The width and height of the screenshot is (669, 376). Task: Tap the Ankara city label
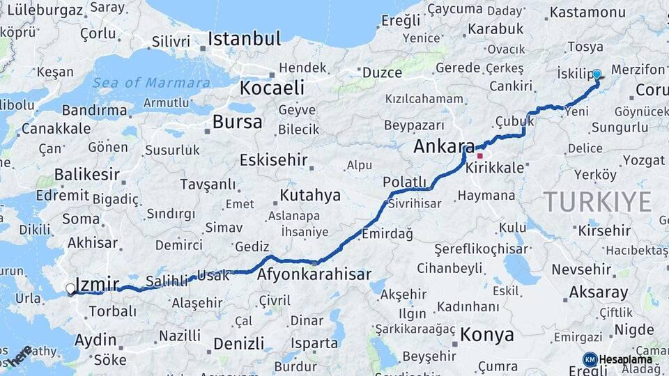pyautogui.click(x=443, y=146)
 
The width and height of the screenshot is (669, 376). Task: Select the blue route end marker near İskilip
pyautogui.click(x=597, y=74)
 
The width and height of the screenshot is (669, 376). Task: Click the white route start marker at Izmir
pyautogui.click(x=70, y=288)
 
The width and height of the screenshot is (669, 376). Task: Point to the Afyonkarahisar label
pyautogui.click(x=314, y=274)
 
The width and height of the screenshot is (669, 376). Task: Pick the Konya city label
pyautogui.click(x=487, y=334)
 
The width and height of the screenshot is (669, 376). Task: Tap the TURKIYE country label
pyautogui.click(x=597, y=201)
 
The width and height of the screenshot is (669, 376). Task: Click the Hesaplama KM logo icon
pyautogui.click(x=590, y=359)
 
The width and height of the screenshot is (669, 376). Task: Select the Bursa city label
pyautogui.click(x=238, y=123)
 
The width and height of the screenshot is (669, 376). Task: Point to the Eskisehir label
pyautogui.click(x=273, y=160)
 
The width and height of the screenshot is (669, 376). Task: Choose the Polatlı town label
pyautogui.click(x=404, y=182)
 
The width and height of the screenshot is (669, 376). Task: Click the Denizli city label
pyautogui.click(x=239, y=343)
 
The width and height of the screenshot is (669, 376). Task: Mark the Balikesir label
pyautogui.click(x=88, y=174)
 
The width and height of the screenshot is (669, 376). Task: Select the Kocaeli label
pyautogui.click(x=272, y=88)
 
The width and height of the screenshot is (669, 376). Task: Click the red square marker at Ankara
pyautogui.click(x=480, y=156)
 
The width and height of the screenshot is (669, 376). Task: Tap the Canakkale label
pyautogui.click(x=56, y=128)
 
